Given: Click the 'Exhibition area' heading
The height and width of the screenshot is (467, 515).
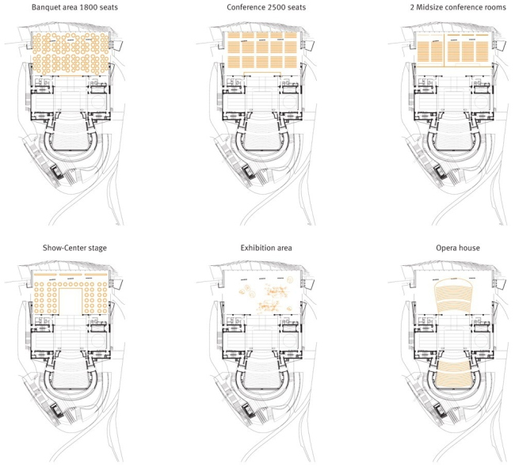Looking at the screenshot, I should (x=266, y=248).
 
